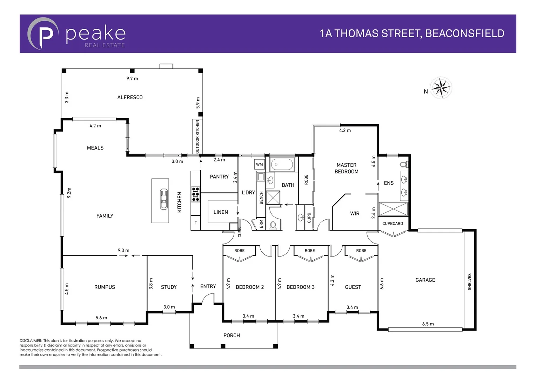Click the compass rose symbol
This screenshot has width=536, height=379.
click(441, 88)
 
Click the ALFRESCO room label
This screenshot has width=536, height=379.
click(130, 97)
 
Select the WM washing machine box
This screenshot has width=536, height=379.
click(259, 164)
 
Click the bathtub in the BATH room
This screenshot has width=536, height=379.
click(282, 164)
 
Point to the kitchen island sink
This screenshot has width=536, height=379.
click(164, 199)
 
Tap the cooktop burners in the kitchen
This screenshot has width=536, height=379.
click(195, 194)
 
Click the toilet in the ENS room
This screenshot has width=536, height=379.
click(404, 164)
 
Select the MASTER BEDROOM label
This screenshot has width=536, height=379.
click(346, 168)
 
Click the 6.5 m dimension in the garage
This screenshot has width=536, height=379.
click(428, 324)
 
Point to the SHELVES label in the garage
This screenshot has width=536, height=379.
click(469, 281)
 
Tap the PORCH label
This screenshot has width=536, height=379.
click(232, 335)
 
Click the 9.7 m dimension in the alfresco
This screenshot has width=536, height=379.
click(132, 79)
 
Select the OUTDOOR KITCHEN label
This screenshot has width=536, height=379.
click(197, 137)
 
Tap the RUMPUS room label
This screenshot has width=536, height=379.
click(105, 287)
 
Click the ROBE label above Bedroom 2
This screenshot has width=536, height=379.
click(239, 251)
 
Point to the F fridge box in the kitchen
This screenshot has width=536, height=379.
click(195, 223)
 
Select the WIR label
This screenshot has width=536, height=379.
click(355, 213)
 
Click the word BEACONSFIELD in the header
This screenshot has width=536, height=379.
click(464, 33)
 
